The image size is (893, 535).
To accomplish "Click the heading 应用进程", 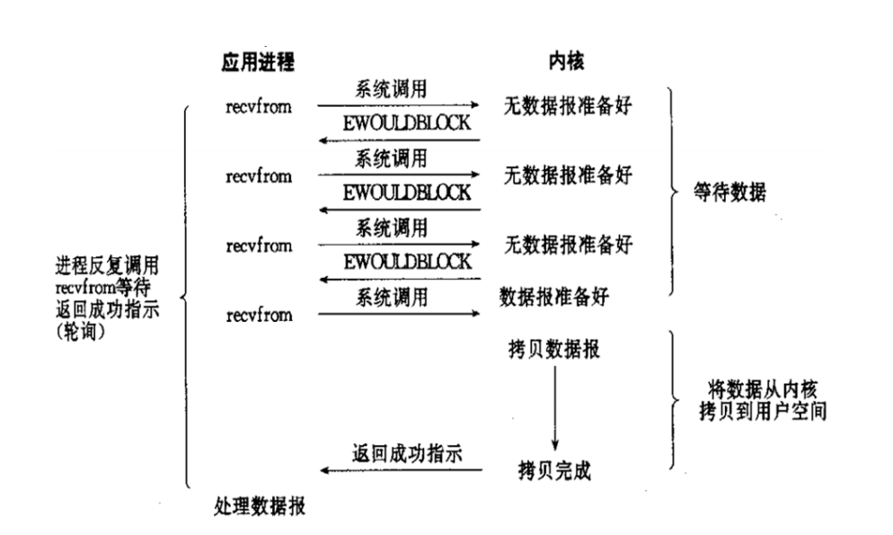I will point(259,62).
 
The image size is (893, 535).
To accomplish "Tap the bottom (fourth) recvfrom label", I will point(259,315).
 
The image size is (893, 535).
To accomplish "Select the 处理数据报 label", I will point(261,506).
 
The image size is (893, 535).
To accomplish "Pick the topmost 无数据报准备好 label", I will point(569,106).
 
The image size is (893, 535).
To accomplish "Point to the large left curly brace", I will point(185,297).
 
